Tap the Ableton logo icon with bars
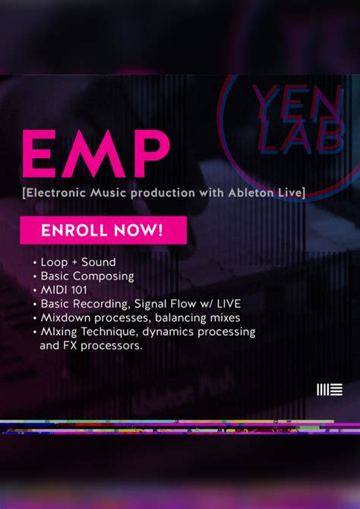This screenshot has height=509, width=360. click(x=329, y=390)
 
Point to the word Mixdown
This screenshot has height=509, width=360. click(x=67, y=318)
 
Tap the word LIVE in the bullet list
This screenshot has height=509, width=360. click(x=226, y=304)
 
